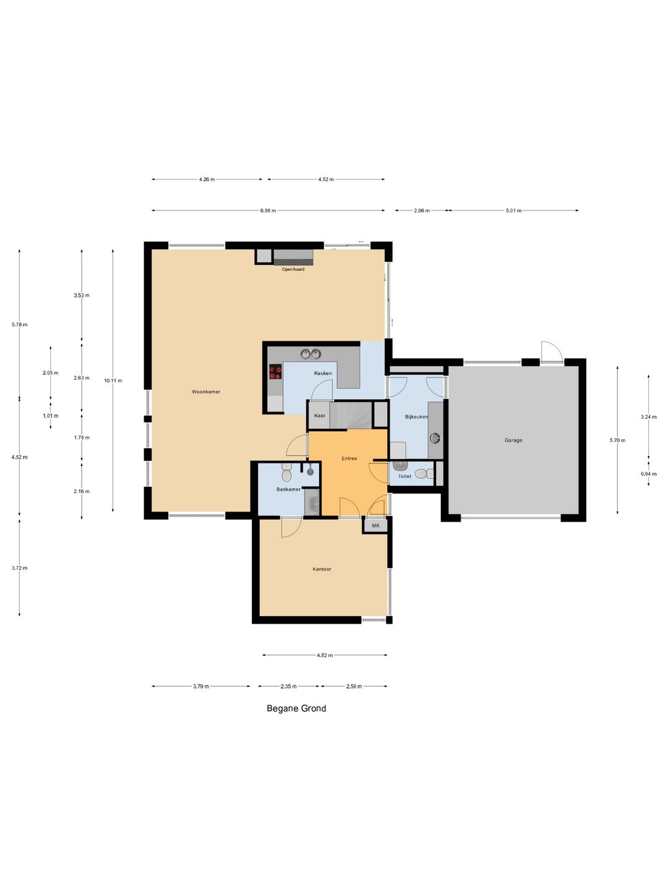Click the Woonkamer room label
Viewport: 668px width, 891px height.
(x=206, y=392)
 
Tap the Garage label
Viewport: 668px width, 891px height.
(x=513, y=440)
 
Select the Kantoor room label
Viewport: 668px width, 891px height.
(x=322, y=569)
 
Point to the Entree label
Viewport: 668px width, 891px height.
(x=349, y=458)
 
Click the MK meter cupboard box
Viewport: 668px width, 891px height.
(x=375, y=526)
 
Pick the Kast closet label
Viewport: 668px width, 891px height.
(x=319, y=416)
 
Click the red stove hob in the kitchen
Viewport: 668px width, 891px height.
(x=275, y=372)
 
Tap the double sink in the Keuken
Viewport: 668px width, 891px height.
(x=310, y=354)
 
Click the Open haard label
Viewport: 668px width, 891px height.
(x=293, y=269)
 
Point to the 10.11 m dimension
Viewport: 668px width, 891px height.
(x=113, y=381)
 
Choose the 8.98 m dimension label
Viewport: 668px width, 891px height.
(x=268, y=210)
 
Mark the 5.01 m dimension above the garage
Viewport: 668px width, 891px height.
(x=513, y=210)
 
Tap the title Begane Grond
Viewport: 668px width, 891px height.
(x=296, y=708)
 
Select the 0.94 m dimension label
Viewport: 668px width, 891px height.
(x=648, y=473)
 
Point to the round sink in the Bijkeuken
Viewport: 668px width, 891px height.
(x=435, y=437)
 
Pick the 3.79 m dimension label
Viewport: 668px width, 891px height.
(x=201, y=686)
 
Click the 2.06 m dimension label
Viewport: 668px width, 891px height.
(x=421, y=210)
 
